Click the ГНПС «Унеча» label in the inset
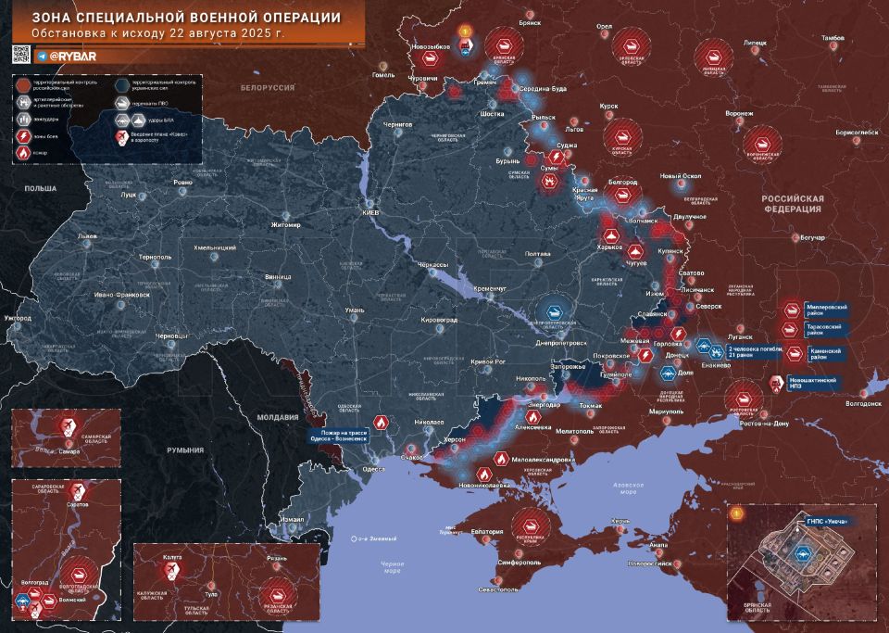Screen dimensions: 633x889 click(827, 521)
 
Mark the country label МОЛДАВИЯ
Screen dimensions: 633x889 click(278, 417)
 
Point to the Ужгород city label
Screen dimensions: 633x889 click(18, 318)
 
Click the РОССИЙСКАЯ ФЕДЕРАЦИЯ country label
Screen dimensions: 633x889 click(792, 204)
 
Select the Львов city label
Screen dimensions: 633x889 click(88, 236)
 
